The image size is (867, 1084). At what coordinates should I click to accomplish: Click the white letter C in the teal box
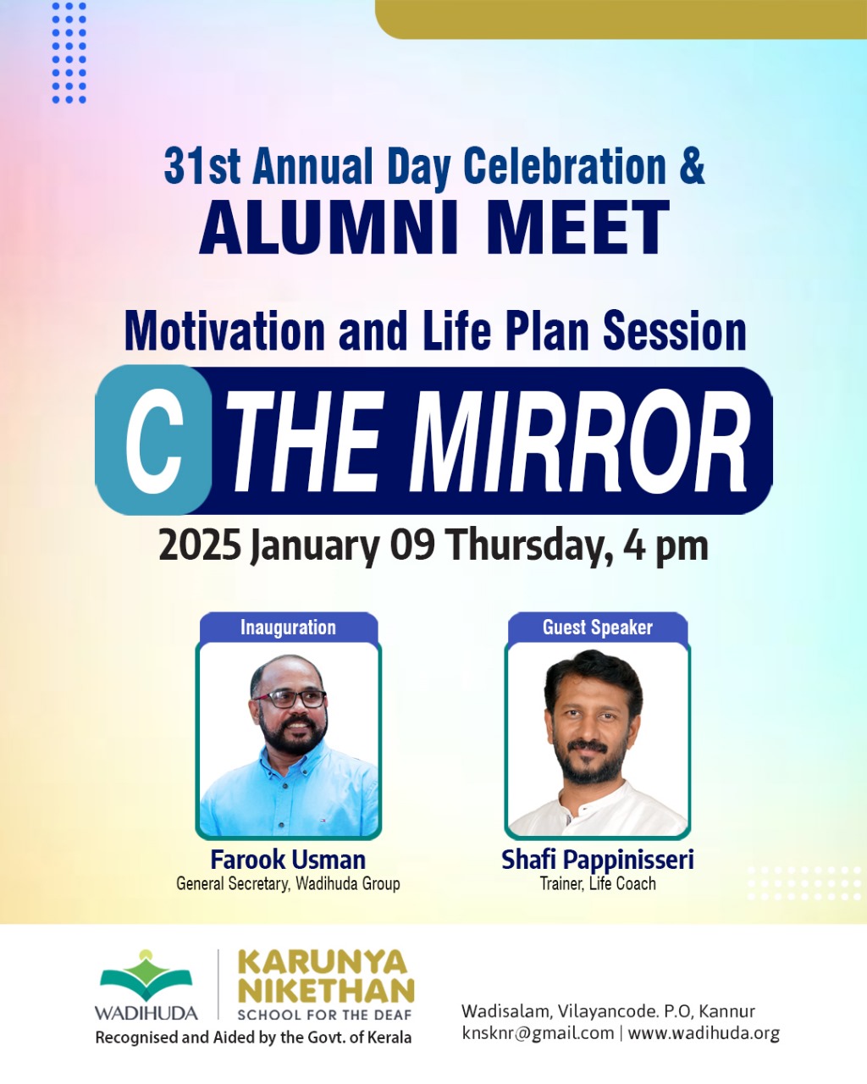(x=154, y=440)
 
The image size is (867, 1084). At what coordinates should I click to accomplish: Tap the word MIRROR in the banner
(x=579, y=441)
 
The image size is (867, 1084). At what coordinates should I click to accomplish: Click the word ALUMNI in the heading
(x=329, y=227)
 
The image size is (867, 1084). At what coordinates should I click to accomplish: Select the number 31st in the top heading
(x=202, y=166)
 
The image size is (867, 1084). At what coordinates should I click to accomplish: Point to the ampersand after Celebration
(x=692, y=166)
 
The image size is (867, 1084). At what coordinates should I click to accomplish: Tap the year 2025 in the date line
(x=200, y=545)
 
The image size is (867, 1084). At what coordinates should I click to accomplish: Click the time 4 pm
(x=665, y=547)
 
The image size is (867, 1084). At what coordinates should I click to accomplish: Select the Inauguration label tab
(x=288, y=628)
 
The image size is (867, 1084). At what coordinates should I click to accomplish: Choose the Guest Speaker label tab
(x=598, y=628)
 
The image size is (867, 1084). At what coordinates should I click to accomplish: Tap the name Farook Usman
(x=288, y=860)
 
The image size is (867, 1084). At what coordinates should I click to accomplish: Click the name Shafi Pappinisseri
(x=598, y=860)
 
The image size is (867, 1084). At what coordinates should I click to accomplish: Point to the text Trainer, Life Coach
(x=598, y=883)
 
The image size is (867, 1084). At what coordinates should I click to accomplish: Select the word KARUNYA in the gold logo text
(x=322, y=963)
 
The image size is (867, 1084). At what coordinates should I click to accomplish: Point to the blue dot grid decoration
(x=69, y=53)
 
